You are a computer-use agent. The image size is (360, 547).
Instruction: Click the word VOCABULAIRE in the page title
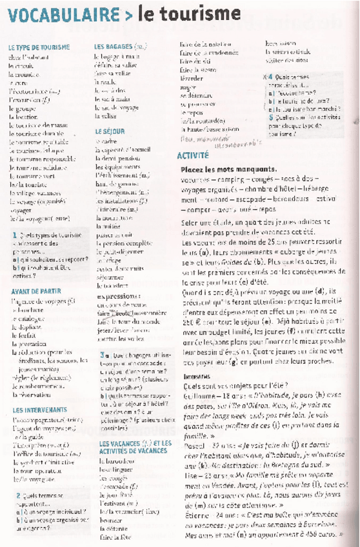[x=63, y=14]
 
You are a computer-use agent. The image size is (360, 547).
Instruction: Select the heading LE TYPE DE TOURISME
[x=39, y=48]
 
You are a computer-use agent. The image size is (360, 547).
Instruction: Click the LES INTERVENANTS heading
[x=39, y=409]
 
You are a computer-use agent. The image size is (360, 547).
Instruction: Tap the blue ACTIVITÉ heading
[x=194, y=155]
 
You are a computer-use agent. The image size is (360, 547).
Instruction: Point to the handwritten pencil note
[x=213, y=139]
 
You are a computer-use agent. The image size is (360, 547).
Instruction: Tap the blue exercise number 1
[x=14, y=236]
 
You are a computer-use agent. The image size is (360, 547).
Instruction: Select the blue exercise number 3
[x=102, y=355]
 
